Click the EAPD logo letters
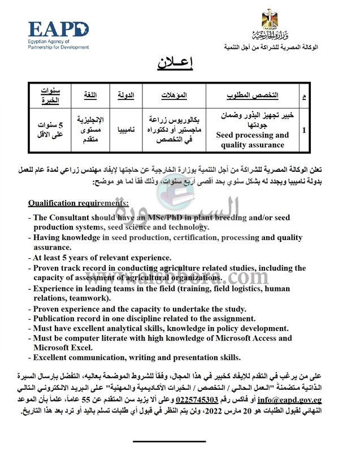coord(59,29)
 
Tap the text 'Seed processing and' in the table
coord(252,135)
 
